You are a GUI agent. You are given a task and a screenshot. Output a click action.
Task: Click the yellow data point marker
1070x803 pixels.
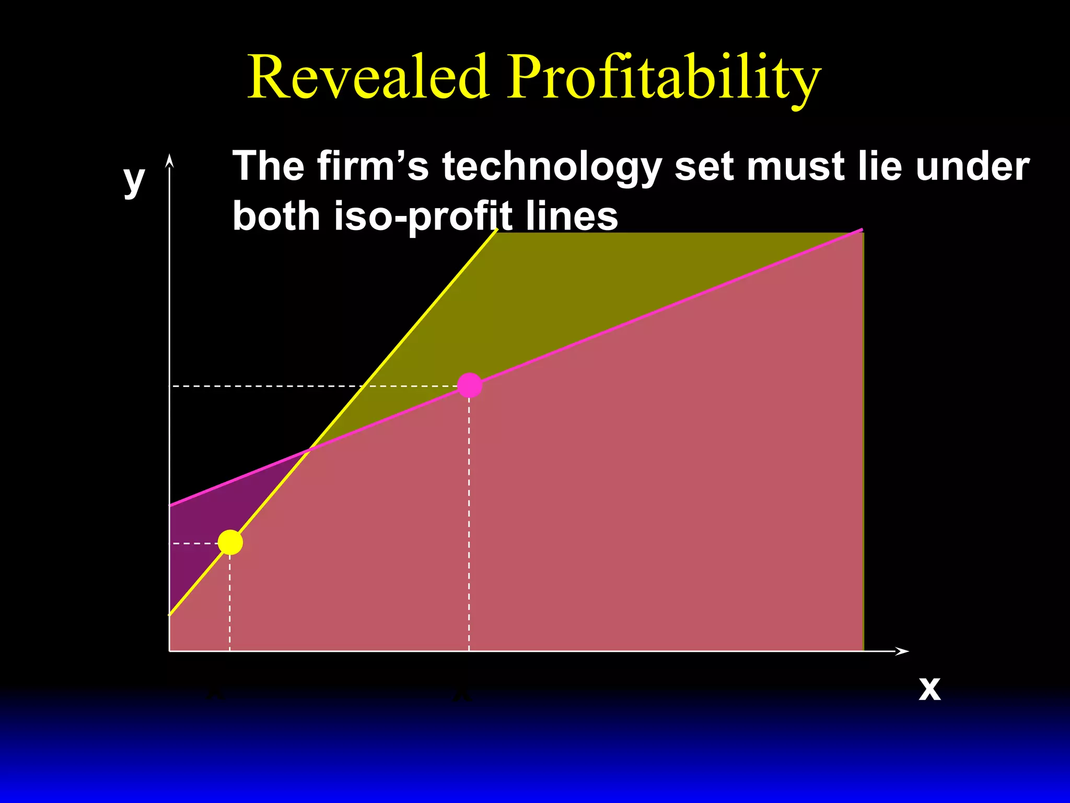[x=230, y=542]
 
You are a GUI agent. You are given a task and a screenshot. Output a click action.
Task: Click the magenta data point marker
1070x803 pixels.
[x=469, y=385]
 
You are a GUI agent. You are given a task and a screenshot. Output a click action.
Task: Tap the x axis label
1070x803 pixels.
[x=929, y=689]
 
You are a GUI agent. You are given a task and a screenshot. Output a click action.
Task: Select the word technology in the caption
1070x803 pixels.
[x=552, y=166]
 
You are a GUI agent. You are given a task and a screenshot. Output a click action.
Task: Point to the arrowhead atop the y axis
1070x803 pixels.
[x=169, y=160]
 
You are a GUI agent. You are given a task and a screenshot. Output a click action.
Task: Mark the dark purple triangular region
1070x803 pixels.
[x=209, y=518]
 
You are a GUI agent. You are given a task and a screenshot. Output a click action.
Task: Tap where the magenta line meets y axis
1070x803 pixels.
[x=170, y=506]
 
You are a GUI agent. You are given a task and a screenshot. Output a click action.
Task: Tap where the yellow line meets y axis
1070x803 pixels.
[x=170, y=615]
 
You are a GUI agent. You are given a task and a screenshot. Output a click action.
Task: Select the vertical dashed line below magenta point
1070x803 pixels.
[x=469, y=523]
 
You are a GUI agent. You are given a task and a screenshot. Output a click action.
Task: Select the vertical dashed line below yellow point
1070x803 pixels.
[x=230, y=601]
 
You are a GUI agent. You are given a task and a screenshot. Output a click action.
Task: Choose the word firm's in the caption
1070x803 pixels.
[x=372, y=166]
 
